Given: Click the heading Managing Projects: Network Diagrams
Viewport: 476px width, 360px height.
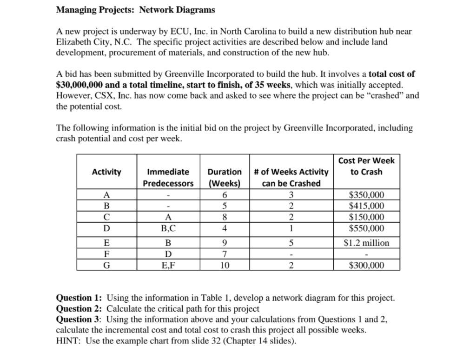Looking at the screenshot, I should click(x=135, y=10).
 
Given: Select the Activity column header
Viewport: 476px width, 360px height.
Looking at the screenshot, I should click(x=106, y=172).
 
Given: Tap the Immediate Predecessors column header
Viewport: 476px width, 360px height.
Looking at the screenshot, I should click(x=168, y=178).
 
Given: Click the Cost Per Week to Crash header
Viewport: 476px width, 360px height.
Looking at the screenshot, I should click(x=366, y=166).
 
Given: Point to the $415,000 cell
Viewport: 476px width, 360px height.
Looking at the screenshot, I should click(x=366, y=206).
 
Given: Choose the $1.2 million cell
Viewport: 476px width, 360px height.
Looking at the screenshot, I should click(x=366, y=243).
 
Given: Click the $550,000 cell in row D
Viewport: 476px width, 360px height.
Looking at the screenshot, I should click(x=366, y=228).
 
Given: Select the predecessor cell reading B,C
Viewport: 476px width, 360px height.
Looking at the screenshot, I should click(x=168, y=228).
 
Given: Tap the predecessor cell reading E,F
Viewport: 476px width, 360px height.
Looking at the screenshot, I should click(x=168, y=266).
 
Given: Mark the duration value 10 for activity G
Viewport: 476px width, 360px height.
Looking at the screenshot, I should click(x=225, y=266).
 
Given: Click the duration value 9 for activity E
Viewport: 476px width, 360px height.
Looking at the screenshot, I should click(x=225, y=243).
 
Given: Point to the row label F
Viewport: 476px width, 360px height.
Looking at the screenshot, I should click(x=106, y=254).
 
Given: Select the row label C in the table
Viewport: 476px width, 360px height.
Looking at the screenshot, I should click(x=106, y=217).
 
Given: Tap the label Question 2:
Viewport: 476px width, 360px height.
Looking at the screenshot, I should click(x=80, y=309).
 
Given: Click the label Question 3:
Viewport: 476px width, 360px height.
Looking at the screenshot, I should click(x=80, y=320).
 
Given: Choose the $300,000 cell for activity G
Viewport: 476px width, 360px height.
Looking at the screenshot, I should click(x=366, y=266).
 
